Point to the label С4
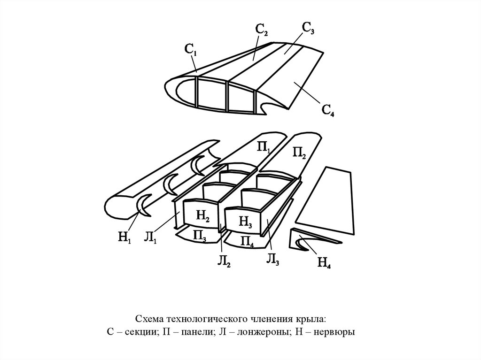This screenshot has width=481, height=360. point(328,111)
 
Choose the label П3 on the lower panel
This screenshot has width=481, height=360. point(200,236)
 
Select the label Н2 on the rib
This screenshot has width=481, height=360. point(203,216)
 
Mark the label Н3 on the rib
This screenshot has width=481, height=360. point(245,221)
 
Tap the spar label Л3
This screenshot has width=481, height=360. point(273,259)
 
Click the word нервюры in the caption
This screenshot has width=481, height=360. point(337,332)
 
